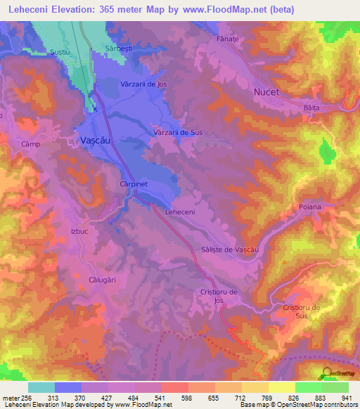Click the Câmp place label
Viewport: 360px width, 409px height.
coord(29,143)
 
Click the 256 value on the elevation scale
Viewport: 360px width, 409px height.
coord(25,398)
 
